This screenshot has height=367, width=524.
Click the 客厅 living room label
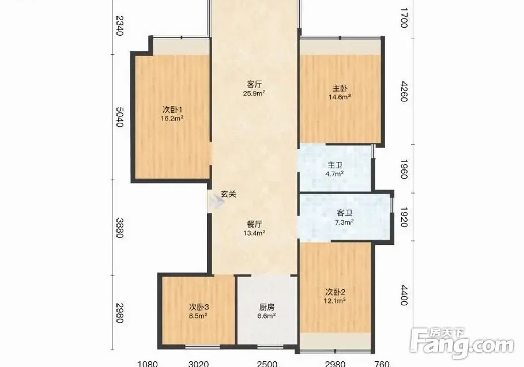point(254,84)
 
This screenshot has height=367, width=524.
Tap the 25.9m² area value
point(254,93)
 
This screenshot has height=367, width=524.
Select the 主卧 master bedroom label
point(340,88)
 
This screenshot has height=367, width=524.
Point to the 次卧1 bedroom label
point(172,109)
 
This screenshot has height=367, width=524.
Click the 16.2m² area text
point(172,119)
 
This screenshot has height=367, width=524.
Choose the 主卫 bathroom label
point(335,165)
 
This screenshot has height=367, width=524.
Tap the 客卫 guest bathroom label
point(345,213)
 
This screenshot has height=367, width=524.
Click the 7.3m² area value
point(345,222)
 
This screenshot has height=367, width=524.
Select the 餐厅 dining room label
point(254,224)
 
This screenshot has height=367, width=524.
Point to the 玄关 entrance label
point(229,194)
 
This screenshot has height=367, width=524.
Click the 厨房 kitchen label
point(267,307)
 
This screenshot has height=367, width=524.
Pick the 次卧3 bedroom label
point(199,307)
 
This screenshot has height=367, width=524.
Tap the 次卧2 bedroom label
point(335,292)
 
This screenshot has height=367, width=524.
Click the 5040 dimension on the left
point(120,116)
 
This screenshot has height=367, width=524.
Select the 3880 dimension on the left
point(120,228)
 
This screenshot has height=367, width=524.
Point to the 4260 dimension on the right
point(404,91)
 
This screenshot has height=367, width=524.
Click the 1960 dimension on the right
point(404,169)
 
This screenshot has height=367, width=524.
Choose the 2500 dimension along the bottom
point(267,364)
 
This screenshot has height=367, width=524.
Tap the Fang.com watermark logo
point(462,342)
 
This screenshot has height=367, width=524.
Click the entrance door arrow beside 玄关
point(216,202)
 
